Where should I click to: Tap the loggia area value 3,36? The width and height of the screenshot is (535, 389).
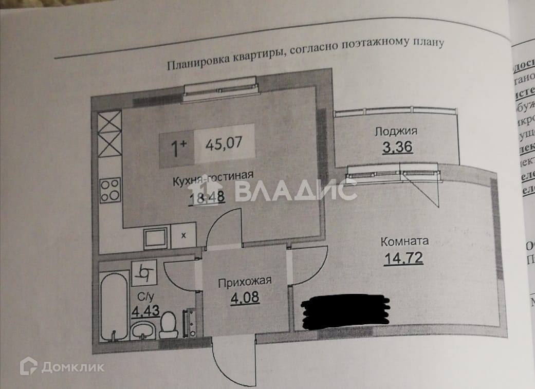pos(397,148)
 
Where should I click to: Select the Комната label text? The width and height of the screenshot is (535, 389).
pos(404,241)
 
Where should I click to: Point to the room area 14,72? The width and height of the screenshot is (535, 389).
pos(403,257)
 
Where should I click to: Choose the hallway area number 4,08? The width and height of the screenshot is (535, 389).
pos(245,297)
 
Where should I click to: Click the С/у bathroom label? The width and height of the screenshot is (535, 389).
pos(143,297)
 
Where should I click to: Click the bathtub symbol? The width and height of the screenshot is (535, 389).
pos(113,307)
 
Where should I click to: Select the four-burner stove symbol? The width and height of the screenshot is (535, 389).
pos(109,190)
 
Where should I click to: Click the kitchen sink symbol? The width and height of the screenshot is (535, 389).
pos(155,238)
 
